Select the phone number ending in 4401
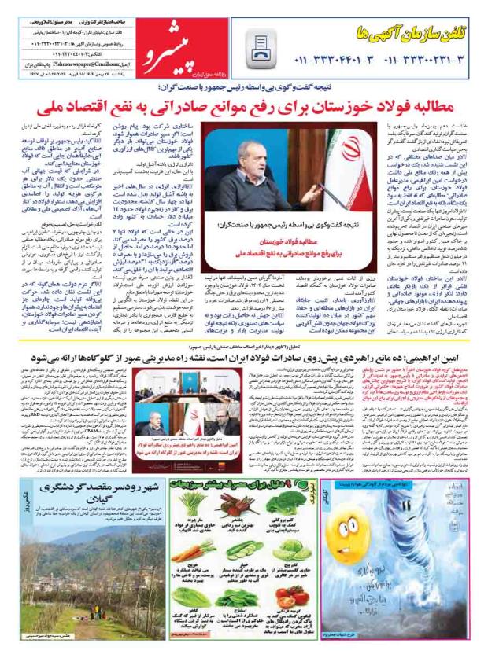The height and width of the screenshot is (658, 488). point(333,59)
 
